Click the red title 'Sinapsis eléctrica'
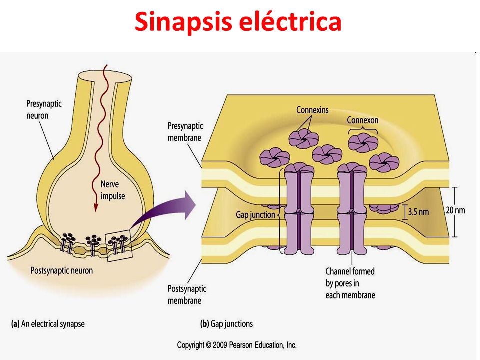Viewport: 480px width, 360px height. point(238,22)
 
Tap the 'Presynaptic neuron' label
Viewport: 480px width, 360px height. point(44,110)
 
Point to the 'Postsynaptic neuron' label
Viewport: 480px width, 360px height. point(61,270)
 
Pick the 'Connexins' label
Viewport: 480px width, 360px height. point(312,110)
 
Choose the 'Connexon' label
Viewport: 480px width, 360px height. point(363,120)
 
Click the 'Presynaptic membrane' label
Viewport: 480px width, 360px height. point(184,131)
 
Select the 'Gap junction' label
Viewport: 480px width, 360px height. point(255,214)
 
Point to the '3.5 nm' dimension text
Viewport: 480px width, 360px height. point(419,212)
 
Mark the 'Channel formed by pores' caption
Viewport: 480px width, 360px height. point(350,283)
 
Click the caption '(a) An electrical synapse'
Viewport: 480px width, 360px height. point(48,324)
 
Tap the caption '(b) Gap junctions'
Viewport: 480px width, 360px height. point(226,324)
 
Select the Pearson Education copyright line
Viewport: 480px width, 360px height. point(237,345)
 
